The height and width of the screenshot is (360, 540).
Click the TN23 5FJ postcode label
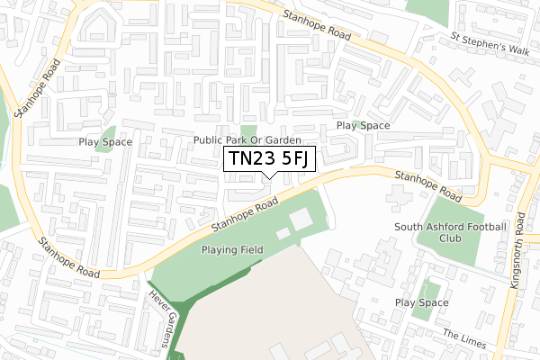[x=269, y=159]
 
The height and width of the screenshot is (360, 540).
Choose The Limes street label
[x=464, y=339]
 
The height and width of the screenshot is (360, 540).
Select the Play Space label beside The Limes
[x=421, y=303]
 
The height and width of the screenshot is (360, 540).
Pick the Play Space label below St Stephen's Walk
[x=363, y=126]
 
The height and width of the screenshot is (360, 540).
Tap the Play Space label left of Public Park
[x=105, y=141]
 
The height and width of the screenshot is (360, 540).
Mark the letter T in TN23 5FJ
[x=233, y=159]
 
